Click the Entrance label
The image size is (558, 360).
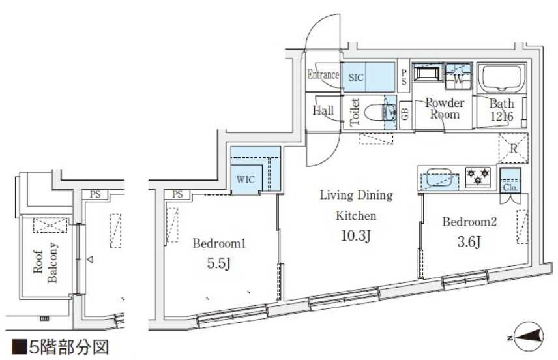[323, 75]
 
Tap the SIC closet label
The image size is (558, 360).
[356, 77]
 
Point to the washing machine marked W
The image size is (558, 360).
[458, 76]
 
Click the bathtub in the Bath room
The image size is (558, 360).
[502, 77]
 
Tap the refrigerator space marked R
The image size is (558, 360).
[513, 148]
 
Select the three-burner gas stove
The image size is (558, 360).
[478, 177]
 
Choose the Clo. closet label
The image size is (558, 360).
[510, 188]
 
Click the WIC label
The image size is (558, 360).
[246, 179]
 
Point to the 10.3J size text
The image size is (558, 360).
[356, 235]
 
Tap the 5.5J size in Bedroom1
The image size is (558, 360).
[219, 263]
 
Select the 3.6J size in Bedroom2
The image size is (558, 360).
[469, 242]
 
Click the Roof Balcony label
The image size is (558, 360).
[45, 262]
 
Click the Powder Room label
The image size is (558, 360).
[445, 109]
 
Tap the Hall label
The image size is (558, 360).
[323, 110]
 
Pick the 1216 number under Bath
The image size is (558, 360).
[502, 117]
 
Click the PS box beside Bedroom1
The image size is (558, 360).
[177, 194]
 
